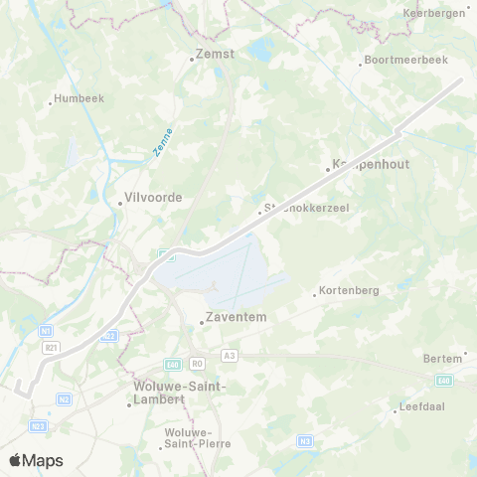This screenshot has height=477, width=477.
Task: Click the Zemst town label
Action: [215, 55]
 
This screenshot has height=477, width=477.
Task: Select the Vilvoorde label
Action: [151, 197]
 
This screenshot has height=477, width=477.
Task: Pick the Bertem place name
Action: [442, 358]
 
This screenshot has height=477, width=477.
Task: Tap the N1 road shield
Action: [46, 329]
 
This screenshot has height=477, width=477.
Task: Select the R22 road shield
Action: [109, 336]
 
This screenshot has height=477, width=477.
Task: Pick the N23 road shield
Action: [37, 425]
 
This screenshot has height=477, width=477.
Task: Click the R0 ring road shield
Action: [197, 364]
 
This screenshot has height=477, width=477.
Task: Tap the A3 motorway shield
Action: [230, 355]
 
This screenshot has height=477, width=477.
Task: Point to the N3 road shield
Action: [305, 440]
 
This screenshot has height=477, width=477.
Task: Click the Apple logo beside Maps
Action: [15, 460]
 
